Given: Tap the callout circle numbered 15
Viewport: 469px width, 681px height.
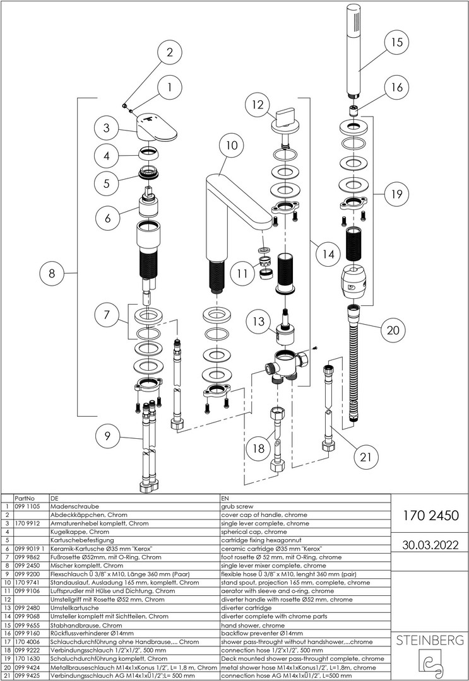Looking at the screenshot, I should (x=396, y=43).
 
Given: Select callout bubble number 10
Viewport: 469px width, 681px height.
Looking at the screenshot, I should (x=232, y=145).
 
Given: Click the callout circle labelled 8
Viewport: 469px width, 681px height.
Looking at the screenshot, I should (x=52, y=274).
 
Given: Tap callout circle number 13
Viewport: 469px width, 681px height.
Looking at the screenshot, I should (x=259, y=322).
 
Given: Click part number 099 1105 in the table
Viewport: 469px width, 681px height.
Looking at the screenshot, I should (x=27, y=506).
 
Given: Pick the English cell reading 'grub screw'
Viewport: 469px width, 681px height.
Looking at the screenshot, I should (x=237, y=506).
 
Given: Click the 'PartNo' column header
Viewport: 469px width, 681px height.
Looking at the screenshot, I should (x=24, y=498).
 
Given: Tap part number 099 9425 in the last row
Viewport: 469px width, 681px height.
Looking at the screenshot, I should (x=27, y=675).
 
